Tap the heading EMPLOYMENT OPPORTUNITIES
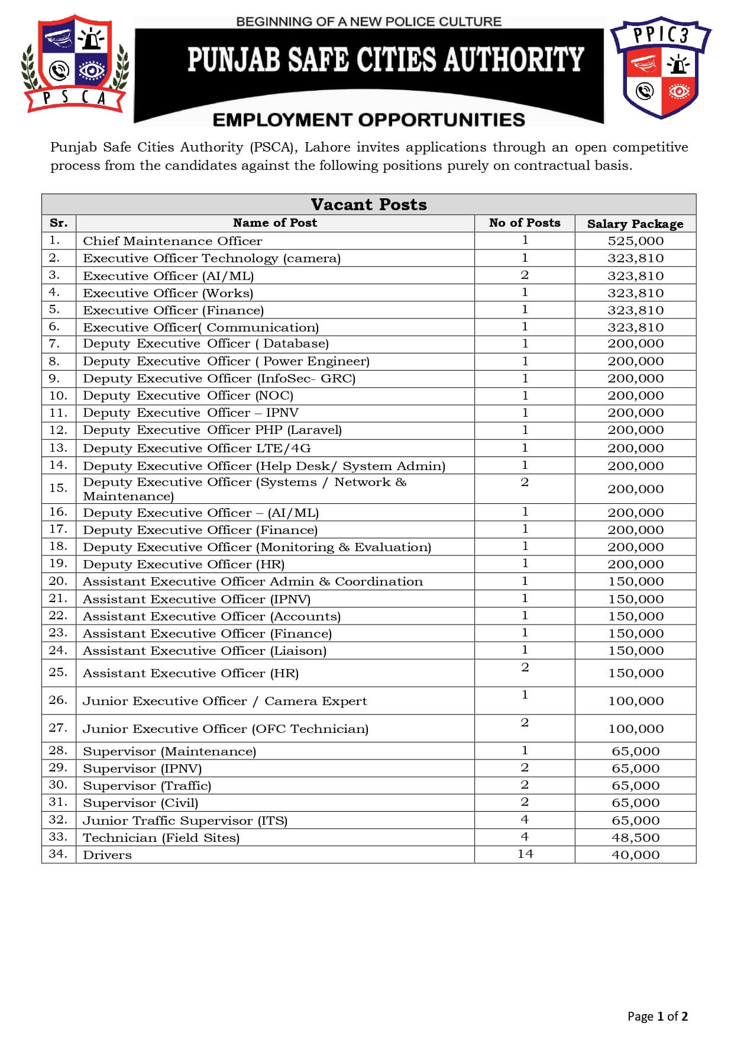[368, 120]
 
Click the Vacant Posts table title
[368, 205]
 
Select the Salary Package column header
[635, 224]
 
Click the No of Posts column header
[524, 223]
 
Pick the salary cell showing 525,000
[635, 241]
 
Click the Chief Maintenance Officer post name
[172, 241]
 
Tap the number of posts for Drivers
[525, 854]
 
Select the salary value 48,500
[635, 838]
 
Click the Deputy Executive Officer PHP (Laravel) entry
[212, 430]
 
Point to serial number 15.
[58, 488]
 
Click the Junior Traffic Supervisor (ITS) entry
[185, 821]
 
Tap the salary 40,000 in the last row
[635, 855]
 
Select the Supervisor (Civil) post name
[140, 803]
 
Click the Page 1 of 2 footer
[657, 1017]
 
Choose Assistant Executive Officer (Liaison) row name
[204, 651]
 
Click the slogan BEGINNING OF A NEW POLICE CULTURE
[368, 22]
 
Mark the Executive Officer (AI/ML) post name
[168, 276]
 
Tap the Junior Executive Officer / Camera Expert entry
[225, 702]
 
